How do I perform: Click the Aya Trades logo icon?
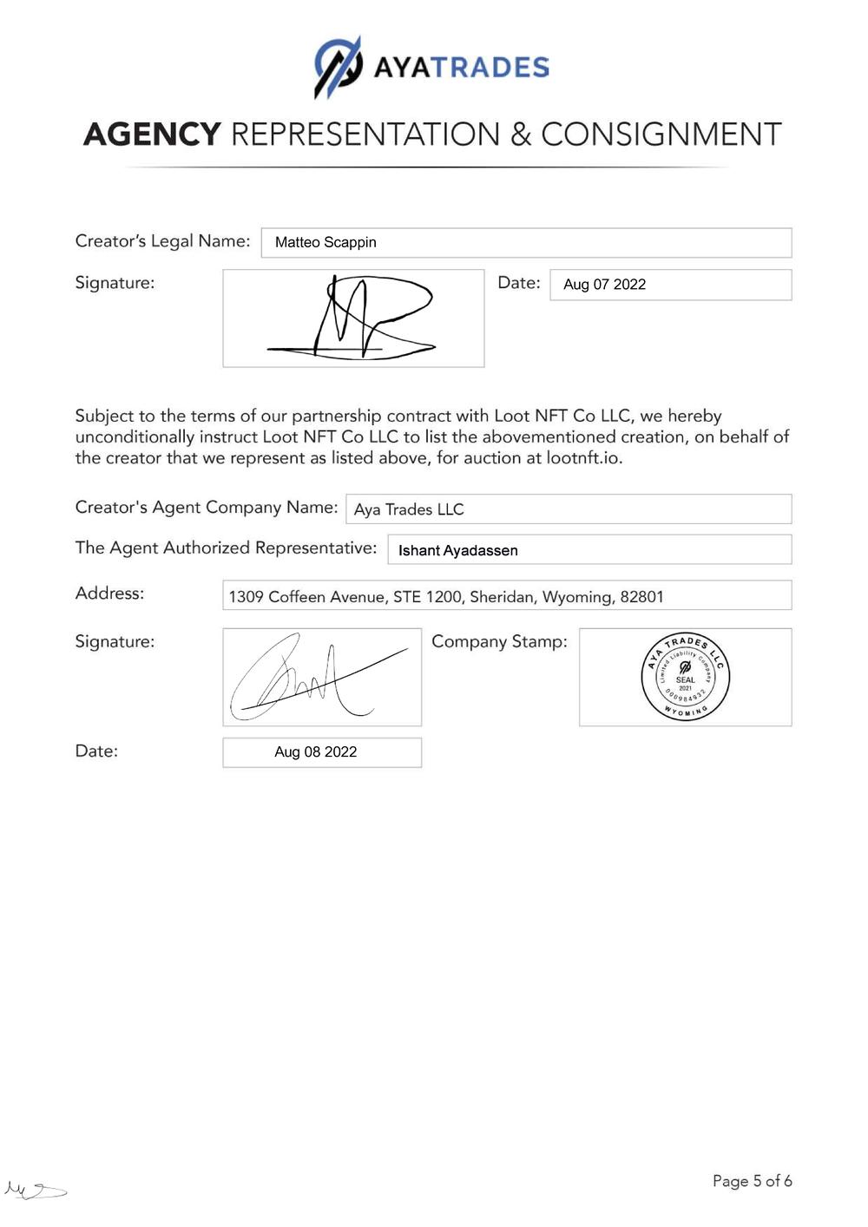pyautogui.click(x=338, y=67)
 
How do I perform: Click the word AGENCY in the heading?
pyautogui.click(x=152, y=135)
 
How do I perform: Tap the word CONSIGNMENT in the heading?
pyautogui.click(x=661, y=135)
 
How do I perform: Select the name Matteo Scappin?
pyautogui.click(x=325, y=242)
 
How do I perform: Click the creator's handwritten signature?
pyautogui.click(x=352, y=318)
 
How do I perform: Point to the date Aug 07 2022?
pyautogui.click(x=604, y=285)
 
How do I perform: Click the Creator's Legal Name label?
pyautogui.click(x=162, y=241)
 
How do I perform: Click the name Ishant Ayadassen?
pyautogui.click(x=457, y=550)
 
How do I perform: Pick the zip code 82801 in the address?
pyautogui.click(x=641, y=597)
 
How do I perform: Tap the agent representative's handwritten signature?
pyautogui.click(x=318, y=678)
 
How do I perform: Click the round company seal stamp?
pyautogui.click(x=685, y=678)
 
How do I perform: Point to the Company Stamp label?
pyautogui.click(x=499, y=641)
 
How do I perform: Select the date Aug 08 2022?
pyautogui.click(x=316, y=752)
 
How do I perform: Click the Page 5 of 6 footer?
pyautogui.click(x=752, y=1181)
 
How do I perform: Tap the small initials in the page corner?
pyautogui.click(x=35, y=1190)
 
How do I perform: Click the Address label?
pyautogui.click(x=110, y=594)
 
